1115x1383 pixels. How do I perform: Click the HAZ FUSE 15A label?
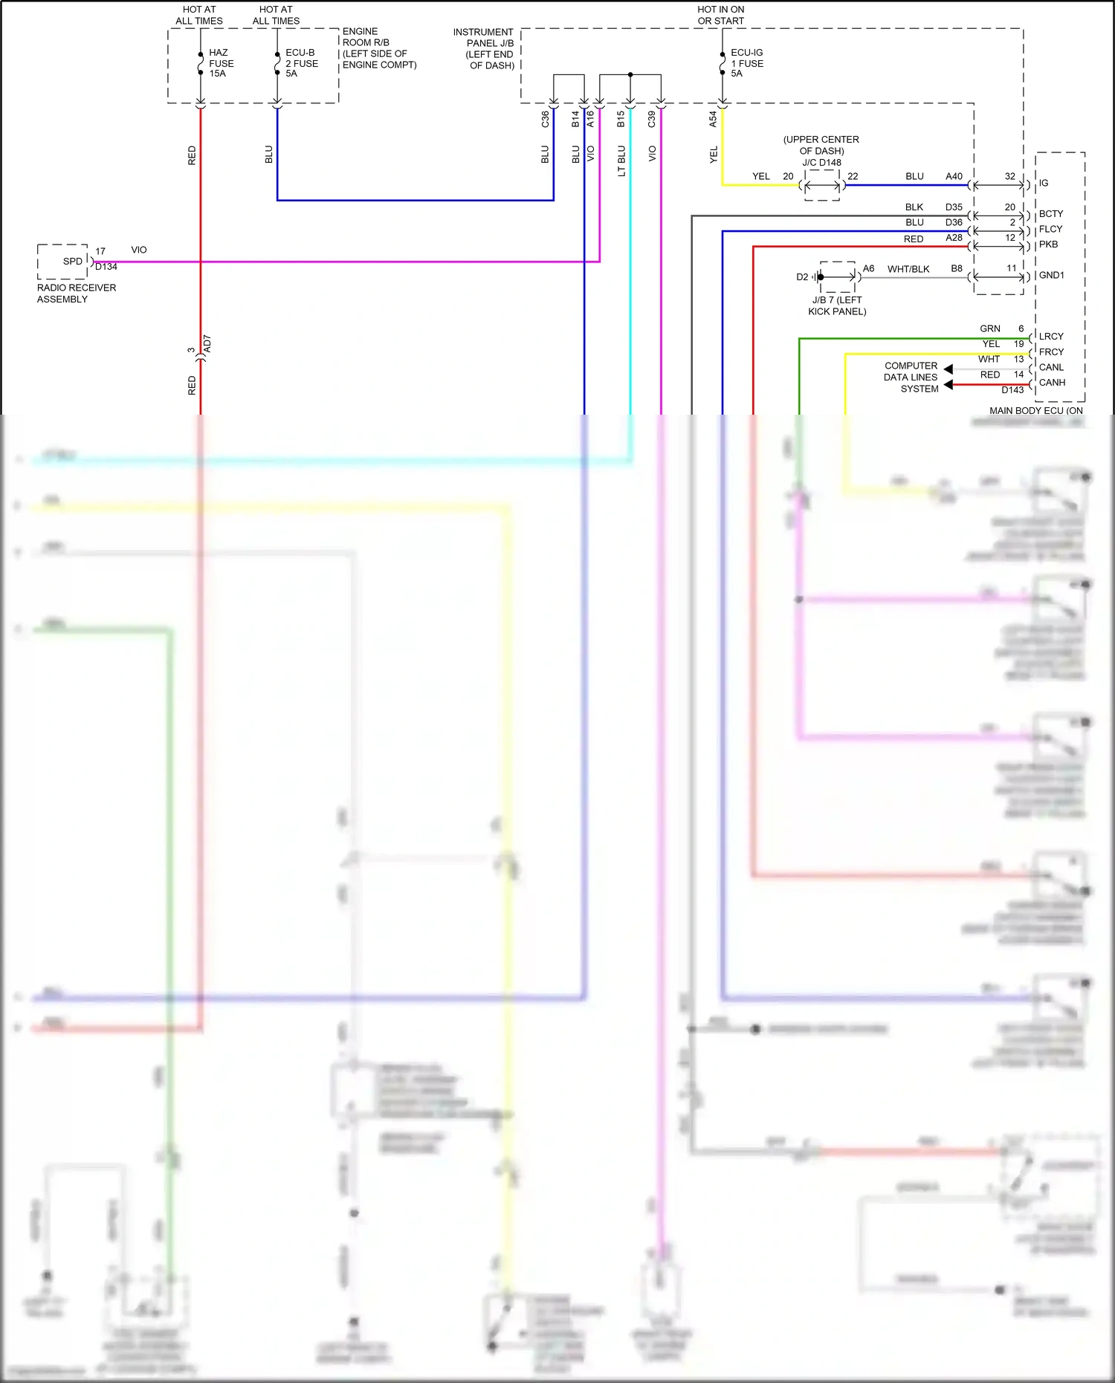(x=221, y=63)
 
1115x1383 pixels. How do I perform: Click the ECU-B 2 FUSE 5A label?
(x=301, y=63)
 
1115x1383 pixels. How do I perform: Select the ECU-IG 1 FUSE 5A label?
(x=746, y=63)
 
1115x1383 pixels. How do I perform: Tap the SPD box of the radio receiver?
(x=72, y=262)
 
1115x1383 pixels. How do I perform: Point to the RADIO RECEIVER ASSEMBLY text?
(x=76, y=294)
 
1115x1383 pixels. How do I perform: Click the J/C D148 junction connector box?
(x=822, y=186)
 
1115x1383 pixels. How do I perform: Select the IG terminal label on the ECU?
(x=1044, y=183)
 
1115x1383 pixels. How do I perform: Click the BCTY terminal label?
(x=1050, y=213)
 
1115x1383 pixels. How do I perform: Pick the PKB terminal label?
(x=1048, y=244)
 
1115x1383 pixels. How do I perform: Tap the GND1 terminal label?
(x=1051, y=275)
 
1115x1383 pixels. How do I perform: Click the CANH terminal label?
(x=1052, y=383)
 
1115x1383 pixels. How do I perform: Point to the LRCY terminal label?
(x=1051, y=337)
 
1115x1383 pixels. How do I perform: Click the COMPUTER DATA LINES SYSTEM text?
(x=911, y=378)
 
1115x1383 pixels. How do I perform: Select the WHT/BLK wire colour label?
(x=908, y=269)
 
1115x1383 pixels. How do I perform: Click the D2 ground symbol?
(x=815, y=277)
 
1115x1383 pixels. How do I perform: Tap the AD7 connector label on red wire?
(x=207, y=343)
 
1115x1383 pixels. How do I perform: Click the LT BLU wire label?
(x=621, y=161)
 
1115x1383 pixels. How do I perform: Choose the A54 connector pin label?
(x=712, y=119)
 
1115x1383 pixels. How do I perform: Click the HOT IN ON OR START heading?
(x=720, y=15)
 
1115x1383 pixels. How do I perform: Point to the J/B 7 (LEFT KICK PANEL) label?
(x=837, y=305)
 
